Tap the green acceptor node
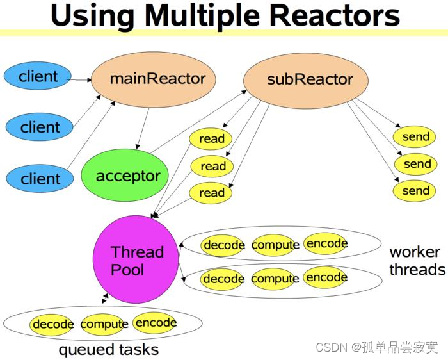point(127,176)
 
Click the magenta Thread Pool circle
point(136,260)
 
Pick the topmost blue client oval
point(38,78)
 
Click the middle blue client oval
point(40,127)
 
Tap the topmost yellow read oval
point(212,138)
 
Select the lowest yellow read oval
point(212,193)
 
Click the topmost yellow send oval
point(415,136)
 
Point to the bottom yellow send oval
point(415,191)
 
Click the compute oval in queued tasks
point(104,324)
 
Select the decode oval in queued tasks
point(52,324)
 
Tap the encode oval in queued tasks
point(156,323)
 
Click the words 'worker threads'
point(417,260)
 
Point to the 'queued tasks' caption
point(108,350)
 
